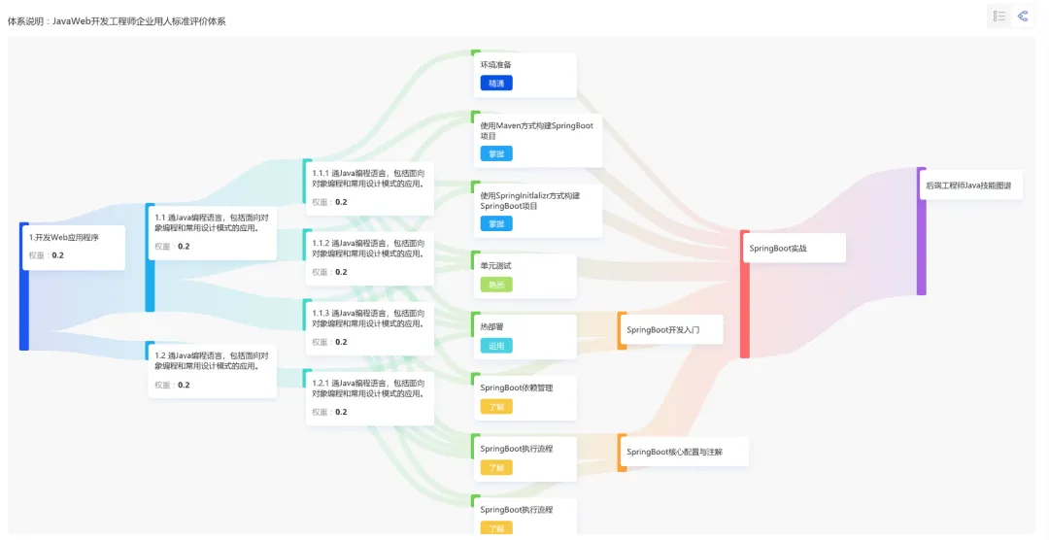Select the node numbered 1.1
click(x=211, y=231)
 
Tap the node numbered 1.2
click(x=211, y=369)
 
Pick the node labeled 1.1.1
click(x=368, y=186)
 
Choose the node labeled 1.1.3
click(x=368, y=326)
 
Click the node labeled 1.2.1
click(x=368, y=396)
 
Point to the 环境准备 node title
click(x=495, y=65)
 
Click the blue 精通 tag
click(x=495, y=84)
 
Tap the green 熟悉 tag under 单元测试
click(x=495, y=285)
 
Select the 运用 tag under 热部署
click(x=495, y=346)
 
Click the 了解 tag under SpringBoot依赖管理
click(x=495, y=406)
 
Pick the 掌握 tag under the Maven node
click(x=495, y=153)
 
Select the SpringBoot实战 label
click(x=778, y=248)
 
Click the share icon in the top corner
click(x=1023, y=17)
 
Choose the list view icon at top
click(x=999, y=17)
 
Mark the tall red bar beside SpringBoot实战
click(x=744, y=294)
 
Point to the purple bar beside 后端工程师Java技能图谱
click(x=921, y=231)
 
